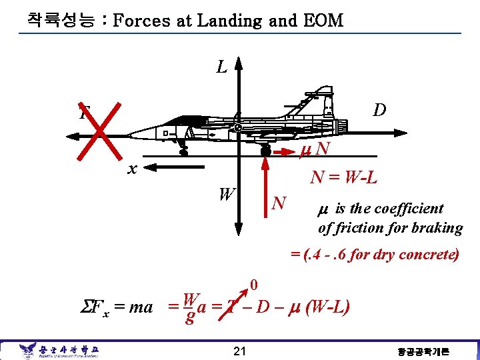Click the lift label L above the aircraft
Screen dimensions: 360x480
[x=222, y=67]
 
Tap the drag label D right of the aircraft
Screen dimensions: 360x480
[x=379, y=110]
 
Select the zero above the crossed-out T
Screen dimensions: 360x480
[x=253, y=287]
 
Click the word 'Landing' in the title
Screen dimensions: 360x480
[x=229, y=21]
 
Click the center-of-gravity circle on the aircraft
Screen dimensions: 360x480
[x=238, y=127]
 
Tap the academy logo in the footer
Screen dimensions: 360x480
[x=28, y=349]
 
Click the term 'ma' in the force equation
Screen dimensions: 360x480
[x=141, y=308]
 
